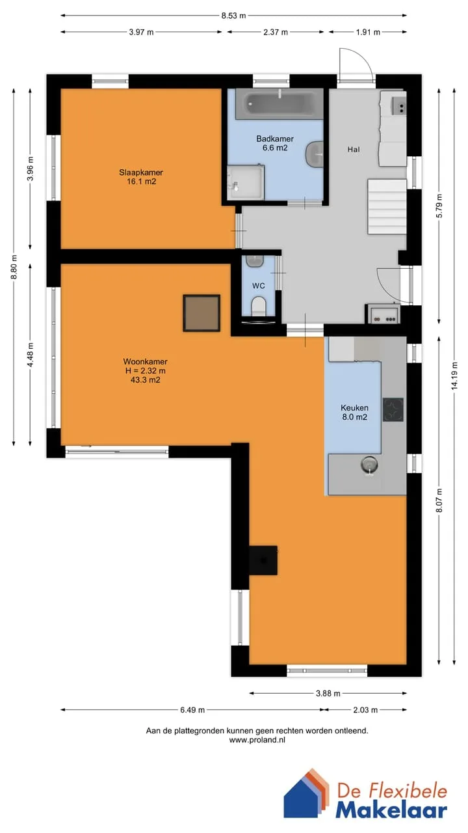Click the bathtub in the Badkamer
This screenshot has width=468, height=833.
coord(279,103)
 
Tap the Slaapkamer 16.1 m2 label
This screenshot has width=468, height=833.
coord(141,177)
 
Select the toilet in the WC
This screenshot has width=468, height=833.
coord(259,306)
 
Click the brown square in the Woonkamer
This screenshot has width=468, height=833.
coord(201,313)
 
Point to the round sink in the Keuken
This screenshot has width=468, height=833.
coord(370,465)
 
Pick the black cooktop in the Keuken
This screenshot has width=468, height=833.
coord(393,409)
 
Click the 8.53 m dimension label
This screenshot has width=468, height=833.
coord(233,16)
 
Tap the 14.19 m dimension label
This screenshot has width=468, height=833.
coord(454,376)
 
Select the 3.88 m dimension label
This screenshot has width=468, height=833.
coord(328,693)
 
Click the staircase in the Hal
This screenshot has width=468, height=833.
coord(387,206)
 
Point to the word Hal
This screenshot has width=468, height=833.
coord(354,150)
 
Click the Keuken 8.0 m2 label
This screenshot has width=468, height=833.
coord(355,413)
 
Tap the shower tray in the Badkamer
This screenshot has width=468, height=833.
coord(246,183)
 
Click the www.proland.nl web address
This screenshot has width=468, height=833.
coord(257,740)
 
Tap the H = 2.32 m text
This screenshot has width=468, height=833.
coord(146,371)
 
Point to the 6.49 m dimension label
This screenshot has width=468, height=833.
coord(192,710)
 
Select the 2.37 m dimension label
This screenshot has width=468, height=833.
coord(276,32)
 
